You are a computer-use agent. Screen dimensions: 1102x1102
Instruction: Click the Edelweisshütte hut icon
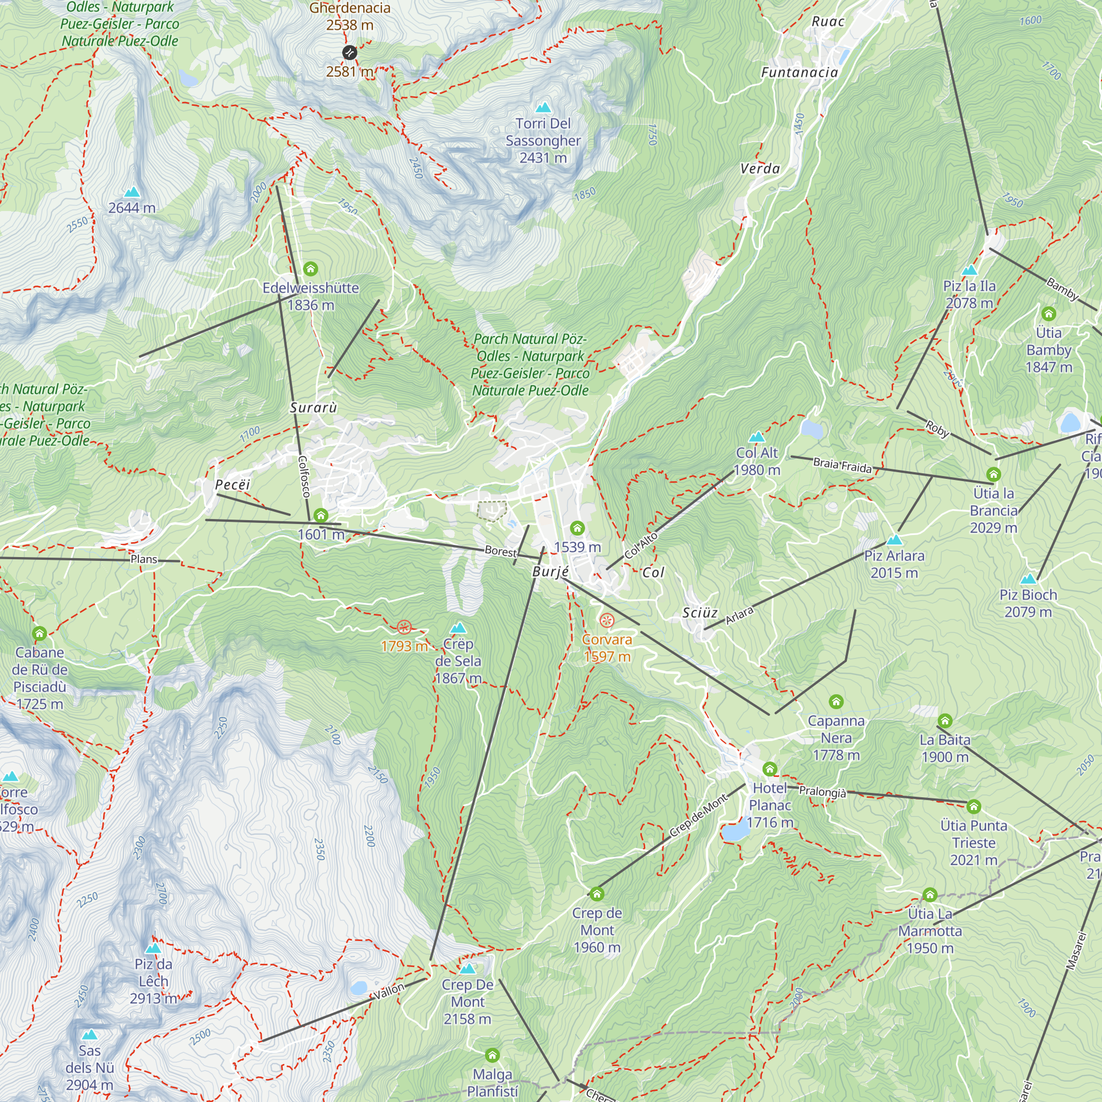pyautogui.click(x=310, y=268)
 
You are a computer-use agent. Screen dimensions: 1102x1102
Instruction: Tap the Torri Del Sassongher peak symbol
pyautogui.click(x=543, y=107)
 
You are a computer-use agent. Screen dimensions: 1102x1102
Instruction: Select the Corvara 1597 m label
pyautogui.click(x=607, y=647)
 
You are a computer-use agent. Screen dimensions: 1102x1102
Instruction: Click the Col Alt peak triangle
pyautogui.click(x=757, y=437)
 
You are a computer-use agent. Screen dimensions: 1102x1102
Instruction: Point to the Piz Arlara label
pyautogui.click(x=894, y=564)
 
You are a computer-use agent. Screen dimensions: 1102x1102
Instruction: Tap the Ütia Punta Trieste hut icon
pyautogui.click(x=974, y=806)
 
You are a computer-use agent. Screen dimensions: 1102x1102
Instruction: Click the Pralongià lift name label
pyautogui.click(x=822, y=792)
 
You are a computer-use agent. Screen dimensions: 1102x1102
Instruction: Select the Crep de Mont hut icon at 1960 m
pyautogui.click(x=597, y=893)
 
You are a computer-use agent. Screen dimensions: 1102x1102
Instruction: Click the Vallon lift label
pyautogui.click(x=389, y=992)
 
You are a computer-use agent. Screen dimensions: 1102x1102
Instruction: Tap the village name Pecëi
pyautogui.click(x=233, y=484)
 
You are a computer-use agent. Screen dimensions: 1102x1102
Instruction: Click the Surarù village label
pyautogui.click(x=313, y=407)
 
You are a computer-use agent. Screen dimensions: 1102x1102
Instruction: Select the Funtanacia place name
pyautogui.click(x=799, y=72)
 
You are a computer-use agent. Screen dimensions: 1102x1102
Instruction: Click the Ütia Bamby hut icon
pyautogui.click(x=1049, y=313)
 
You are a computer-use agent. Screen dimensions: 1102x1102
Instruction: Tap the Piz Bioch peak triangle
pyautogui.click(x=1028, y=579)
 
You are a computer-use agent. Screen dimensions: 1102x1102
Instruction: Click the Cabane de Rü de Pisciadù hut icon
pyautogui.click(x=39, y=633)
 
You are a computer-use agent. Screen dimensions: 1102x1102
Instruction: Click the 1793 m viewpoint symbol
pyautogui.click(x=404, y=628)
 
